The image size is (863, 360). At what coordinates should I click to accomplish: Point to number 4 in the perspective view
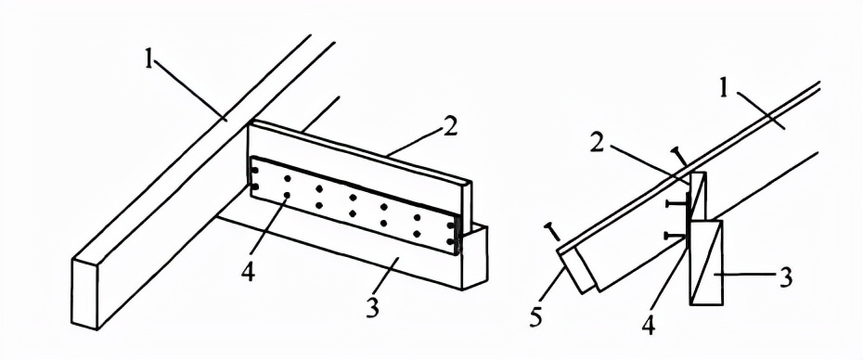click(248, 272)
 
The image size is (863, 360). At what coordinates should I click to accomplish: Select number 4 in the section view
click(649, 325)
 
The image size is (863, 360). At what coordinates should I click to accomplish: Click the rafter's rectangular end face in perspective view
click(85, 292)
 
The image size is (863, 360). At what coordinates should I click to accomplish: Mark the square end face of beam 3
click(474, 258)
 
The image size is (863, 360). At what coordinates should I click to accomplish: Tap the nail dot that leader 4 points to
click(287, 195)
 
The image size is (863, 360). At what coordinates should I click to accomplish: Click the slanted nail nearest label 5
click(552, 233)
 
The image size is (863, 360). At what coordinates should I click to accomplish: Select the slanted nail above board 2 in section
click(679, 157)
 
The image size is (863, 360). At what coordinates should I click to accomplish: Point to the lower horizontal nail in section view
click(676, 236)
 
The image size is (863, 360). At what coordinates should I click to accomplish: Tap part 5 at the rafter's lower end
click(574, 269)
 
